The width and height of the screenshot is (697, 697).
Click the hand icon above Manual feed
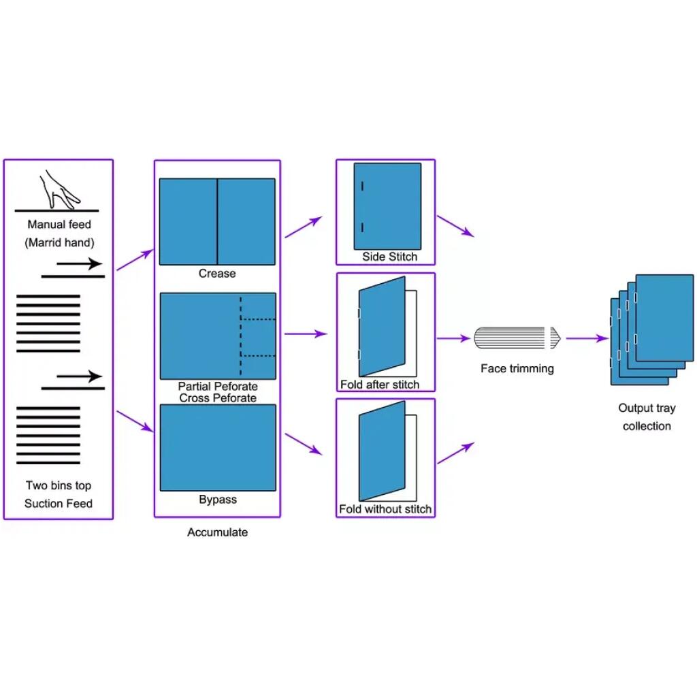[x=59, y=189]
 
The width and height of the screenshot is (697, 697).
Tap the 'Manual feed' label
[x=59, y=224]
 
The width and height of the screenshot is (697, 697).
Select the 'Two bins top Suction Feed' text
[x=59, y=494]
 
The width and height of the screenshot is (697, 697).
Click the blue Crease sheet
[x=217, y=221]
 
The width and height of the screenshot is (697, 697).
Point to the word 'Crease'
[x=217, y=274]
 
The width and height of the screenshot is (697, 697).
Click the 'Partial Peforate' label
[x=218, y=387]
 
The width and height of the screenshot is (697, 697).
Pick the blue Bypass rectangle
[x=218, y=447]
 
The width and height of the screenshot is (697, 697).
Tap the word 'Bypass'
[x=218, y=500]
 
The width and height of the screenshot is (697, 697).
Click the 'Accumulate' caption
[x=218, y=532]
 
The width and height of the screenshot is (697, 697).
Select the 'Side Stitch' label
[x=389, y=257]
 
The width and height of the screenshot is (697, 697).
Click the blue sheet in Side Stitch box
[x=387, y=206]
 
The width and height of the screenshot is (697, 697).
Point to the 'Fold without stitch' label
[x=385, y=509]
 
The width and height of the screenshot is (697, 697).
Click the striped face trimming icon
[x=516, y=338]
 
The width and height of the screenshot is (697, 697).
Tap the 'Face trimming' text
[x=517, y=369]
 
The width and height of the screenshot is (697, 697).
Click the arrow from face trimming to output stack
[x=586, y=338]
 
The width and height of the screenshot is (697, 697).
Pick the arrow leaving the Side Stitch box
[x=455, y=226]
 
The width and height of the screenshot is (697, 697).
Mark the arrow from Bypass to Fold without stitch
[x=303, y=444]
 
